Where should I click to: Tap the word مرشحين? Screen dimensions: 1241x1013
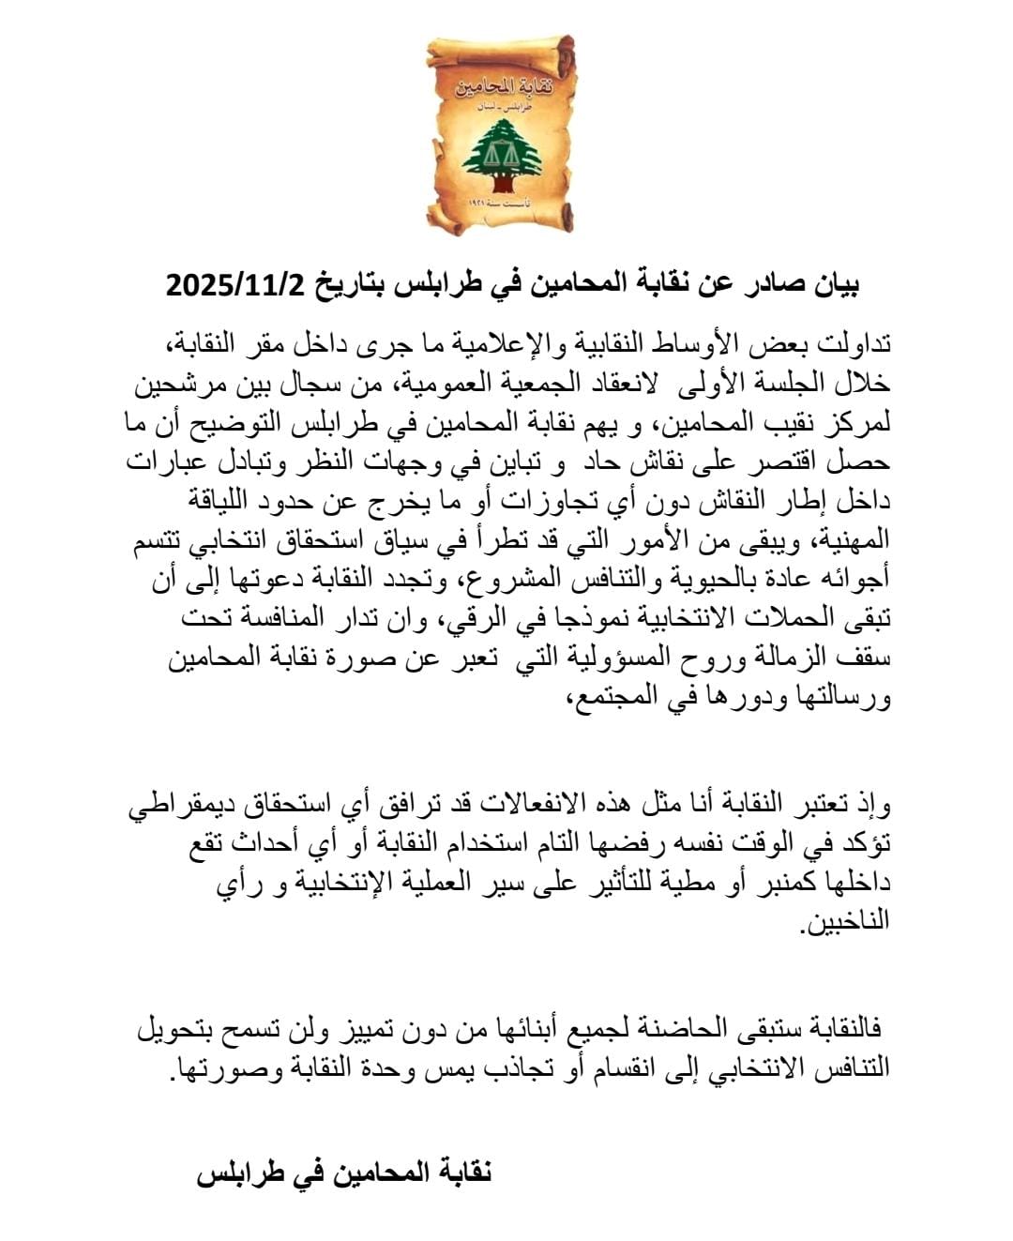178,383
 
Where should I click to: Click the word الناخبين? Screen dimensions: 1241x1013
844,923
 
